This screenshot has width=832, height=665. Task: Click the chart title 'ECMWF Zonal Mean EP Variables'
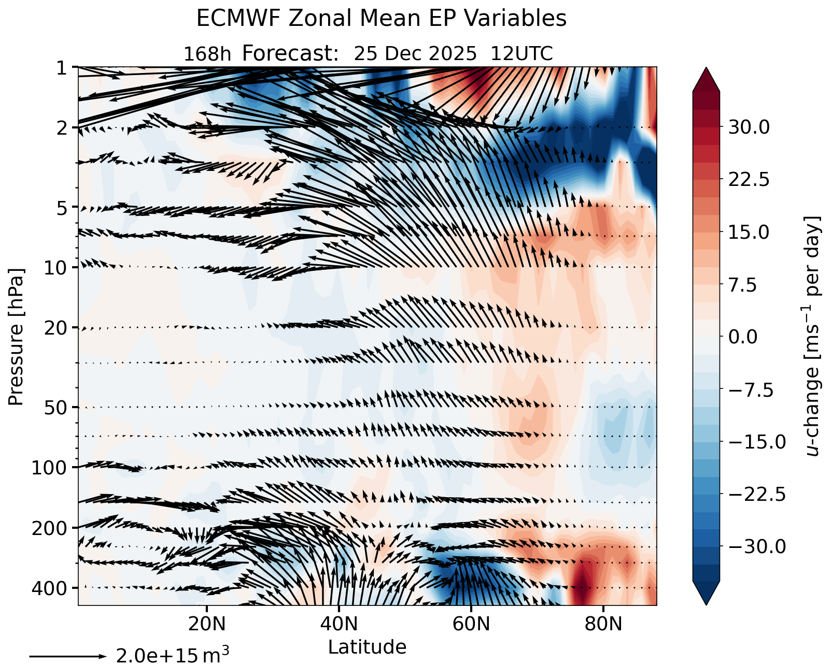(381, 19)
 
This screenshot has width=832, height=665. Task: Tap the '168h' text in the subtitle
(207, 54)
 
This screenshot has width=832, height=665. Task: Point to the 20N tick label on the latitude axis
(207, 624)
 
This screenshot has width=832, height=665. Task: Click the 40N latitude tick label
(339, 624)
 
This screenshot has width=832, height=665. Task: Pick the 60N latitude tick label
(471, 624)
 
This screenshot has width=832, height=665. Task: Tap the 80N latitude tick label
(603, 624)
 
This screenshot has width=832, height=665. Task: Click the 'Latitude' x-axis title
(367, 647)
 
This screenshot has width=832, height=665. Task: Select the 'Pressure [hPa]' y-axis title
(16, 337)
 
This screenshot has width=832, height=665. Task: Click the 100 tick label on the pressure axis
(49, 468)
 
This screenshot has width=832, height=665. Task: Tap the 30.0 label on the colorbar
(749, 127)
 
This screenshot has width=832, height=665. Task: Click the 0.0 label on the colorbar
(743, 337)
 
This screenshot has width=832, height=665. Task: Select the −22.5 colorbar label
(757, 494)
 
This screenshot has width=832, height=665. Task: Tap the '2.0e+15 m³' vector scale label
(173, 655)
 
